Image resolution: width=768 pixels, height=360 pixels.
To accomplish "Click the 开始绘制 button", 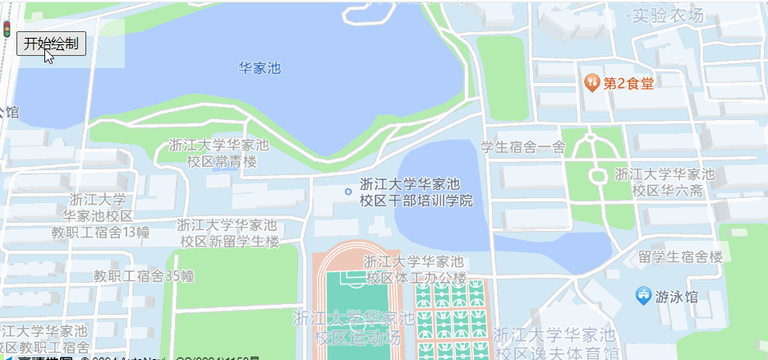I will [51, 44].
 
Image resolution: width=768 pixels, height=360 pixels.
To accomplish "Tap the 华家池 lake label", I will [260, 68].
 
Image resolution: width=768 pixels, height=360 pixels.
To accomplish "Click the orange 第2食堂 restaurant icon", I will [591, 82].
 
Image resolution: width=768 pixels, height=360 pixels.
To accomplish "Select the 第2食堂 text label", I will [629, 83].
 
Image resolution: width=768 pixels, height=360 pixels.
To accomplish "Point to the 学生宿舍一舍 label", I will [523, 147].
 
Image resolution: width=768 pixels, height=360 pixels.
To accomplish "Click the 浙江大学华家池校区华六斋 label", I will [665, 182].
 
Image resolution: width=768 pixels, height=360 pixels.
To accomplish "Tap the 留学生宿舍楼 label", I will [680, 256].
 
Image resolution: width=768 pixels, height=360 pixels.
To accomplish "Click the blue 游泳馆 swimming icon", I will [644, 293].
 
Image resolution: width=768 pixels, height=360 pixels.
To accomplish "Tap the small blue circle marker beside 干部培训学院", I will [348, 192].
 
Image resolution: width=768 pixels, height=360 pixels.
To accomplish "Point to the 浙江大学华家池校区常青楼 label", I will [218, 153].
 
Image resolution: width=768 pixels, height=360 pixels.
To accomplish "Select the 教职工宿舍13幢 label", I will [100, 215].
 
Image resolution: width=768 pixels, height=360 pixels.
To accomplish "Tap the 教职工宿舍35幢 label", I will [144, 275].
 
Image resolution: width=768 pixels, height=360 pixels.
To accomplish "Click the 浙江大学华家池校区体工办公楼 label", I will [416, 270].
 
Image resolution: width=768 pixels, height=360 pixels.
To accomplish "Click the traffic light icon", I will [7, 30].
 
